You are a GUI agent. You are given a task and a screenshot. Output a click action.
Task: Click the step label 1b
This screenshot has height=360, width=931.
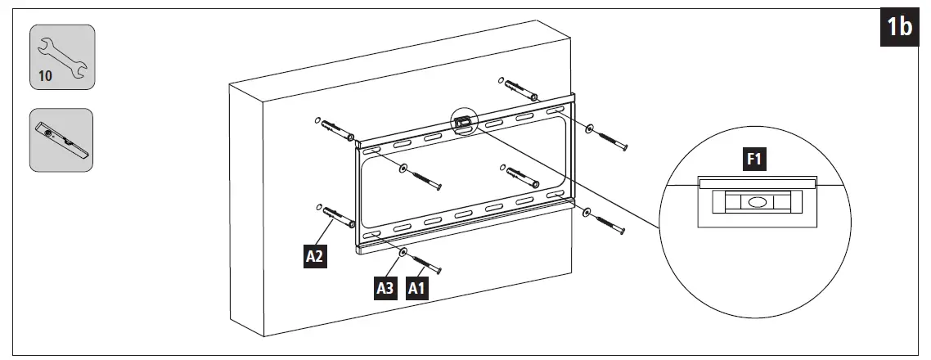(900, 28)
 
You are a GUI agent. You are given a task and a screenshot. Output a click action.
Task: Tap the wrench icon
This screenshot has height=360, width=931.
(63, 51)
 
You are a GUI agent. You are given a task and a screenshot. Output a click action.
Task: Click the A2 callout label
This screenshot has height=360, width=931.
(316, 257)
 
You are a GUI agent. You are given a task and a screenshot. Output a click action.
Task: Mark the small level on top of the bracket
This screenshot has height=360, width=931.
(463, 122)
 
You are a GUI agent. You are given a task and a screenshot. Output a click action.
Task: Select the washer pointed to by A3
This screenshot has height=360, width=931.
(403, 254)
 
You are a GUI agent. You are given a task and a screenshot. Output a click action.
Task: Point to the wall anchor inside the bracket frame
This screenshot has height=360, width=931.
(520, 174)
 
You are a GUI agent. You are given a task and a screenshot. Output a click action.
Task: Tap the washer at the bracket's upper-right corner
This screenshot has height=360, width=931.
(589, 128)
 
